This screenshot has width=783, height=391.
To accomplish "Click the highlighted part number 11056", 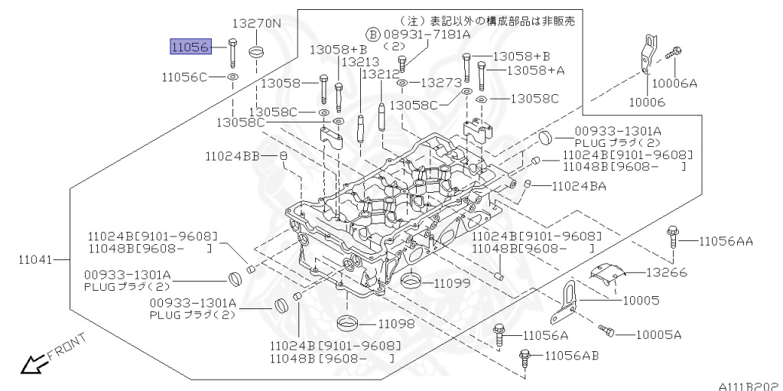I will (190, 47).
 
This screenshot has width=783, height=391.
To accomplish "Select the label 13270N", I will (257, 24).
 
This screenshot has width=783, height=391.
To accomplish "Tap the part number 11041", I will (35, 259).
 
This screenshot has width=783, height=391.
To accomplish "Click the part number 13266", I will (666, 272).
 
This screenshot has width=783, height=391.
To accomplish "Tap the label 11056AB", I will (571, 356).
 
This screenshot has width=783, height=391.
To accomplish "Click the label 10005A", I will (658, 334).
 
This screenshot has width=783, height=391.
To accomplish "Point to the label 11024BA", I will (579, 186).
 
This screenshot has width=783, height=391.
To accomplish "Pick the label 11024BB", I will (232, 156).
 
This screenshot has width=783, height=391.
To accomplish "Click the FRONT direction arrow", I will (32, 365).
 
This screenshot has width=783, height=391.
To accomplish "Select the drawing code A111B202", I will (747, 386).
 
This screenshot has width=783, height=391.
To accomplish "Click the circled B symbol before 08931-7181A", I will (372, 34).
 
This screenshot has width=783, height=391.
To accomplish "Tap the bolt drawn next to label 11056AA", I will (672, 236).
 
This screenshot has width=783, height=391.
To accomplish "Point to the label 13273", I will (441, 82).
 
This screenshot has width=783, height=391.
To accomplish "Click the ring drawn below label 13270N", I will (257, 51).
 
